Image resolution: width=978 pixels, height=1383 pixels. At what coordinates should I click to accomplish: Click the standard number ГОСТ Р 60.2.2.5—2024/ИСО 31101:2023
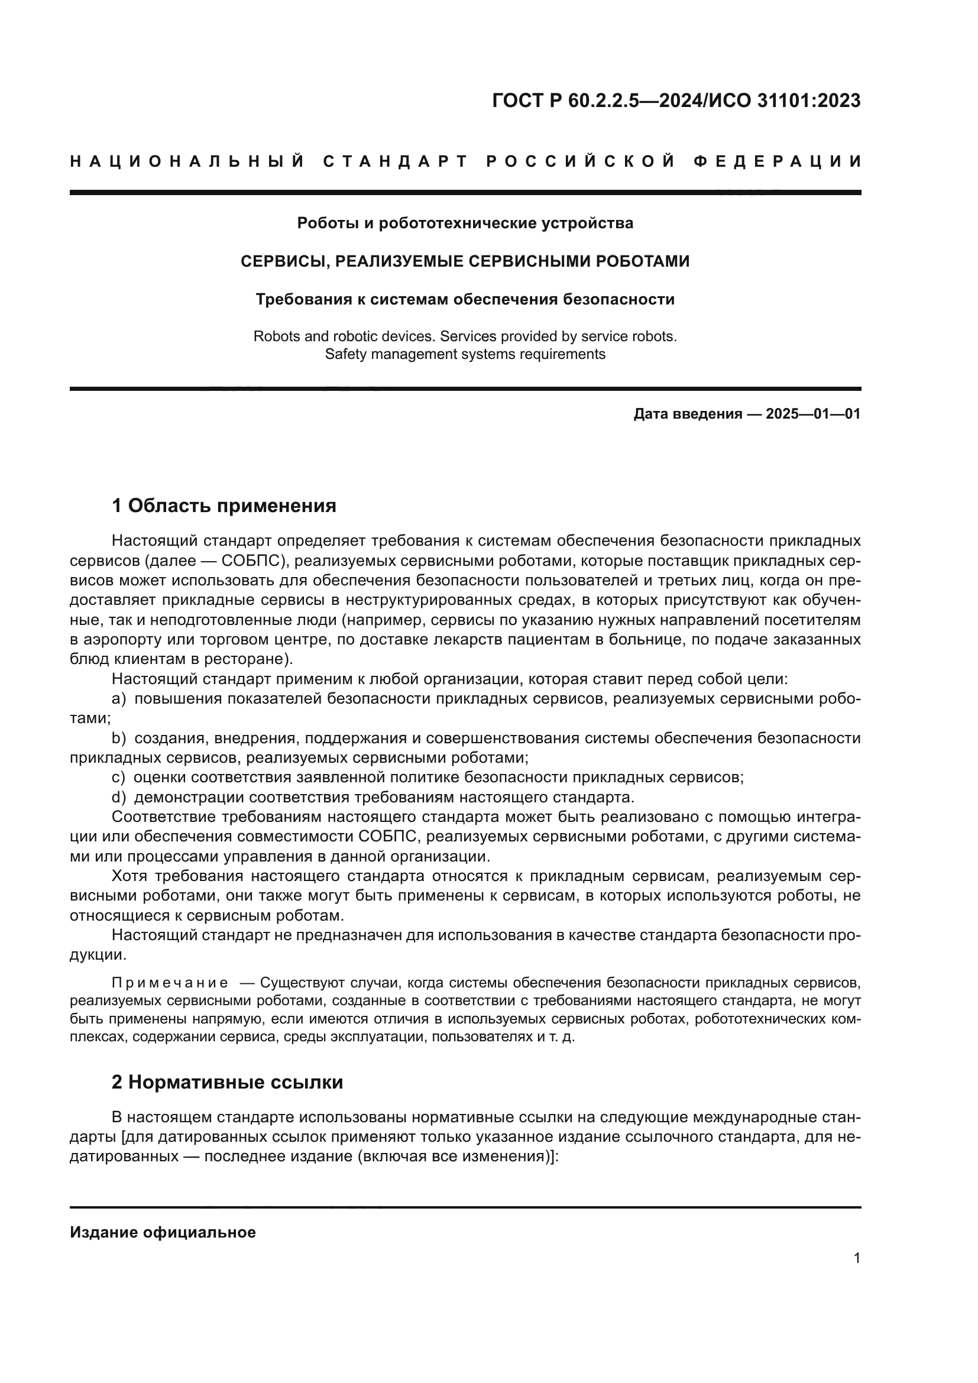676,101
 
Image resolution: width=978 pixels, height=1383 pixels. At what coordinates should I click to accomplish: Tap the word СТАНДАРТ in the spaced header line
396,161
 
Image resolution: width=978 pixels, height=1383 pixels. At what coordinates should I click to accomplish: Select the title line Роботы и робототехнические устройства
465,224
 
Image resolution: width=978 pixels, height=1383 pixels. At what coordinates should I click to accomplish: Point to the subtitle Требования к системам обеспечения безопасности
465,299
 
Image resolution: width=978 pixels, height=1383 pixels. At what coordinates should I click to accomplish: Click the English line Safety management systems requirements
465,354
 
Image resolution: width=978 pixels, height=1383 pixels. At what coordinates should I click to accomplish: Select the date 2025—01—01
812,414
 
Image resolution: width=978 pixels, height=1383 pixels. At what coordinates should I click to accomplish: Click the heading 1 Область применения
224,506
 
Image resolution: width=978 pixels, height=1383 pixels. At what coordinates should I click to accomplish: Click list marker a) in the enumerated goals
119,699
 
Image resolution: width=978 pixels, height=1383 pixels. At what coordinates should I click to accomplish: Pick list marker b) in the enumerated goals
119,738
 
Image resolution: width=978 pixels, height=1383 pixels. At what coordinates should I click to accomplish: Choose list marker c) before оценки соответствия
119,778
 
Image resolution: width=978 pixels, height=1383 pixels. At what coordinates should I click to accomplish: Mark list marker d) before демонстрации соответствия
119,798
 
